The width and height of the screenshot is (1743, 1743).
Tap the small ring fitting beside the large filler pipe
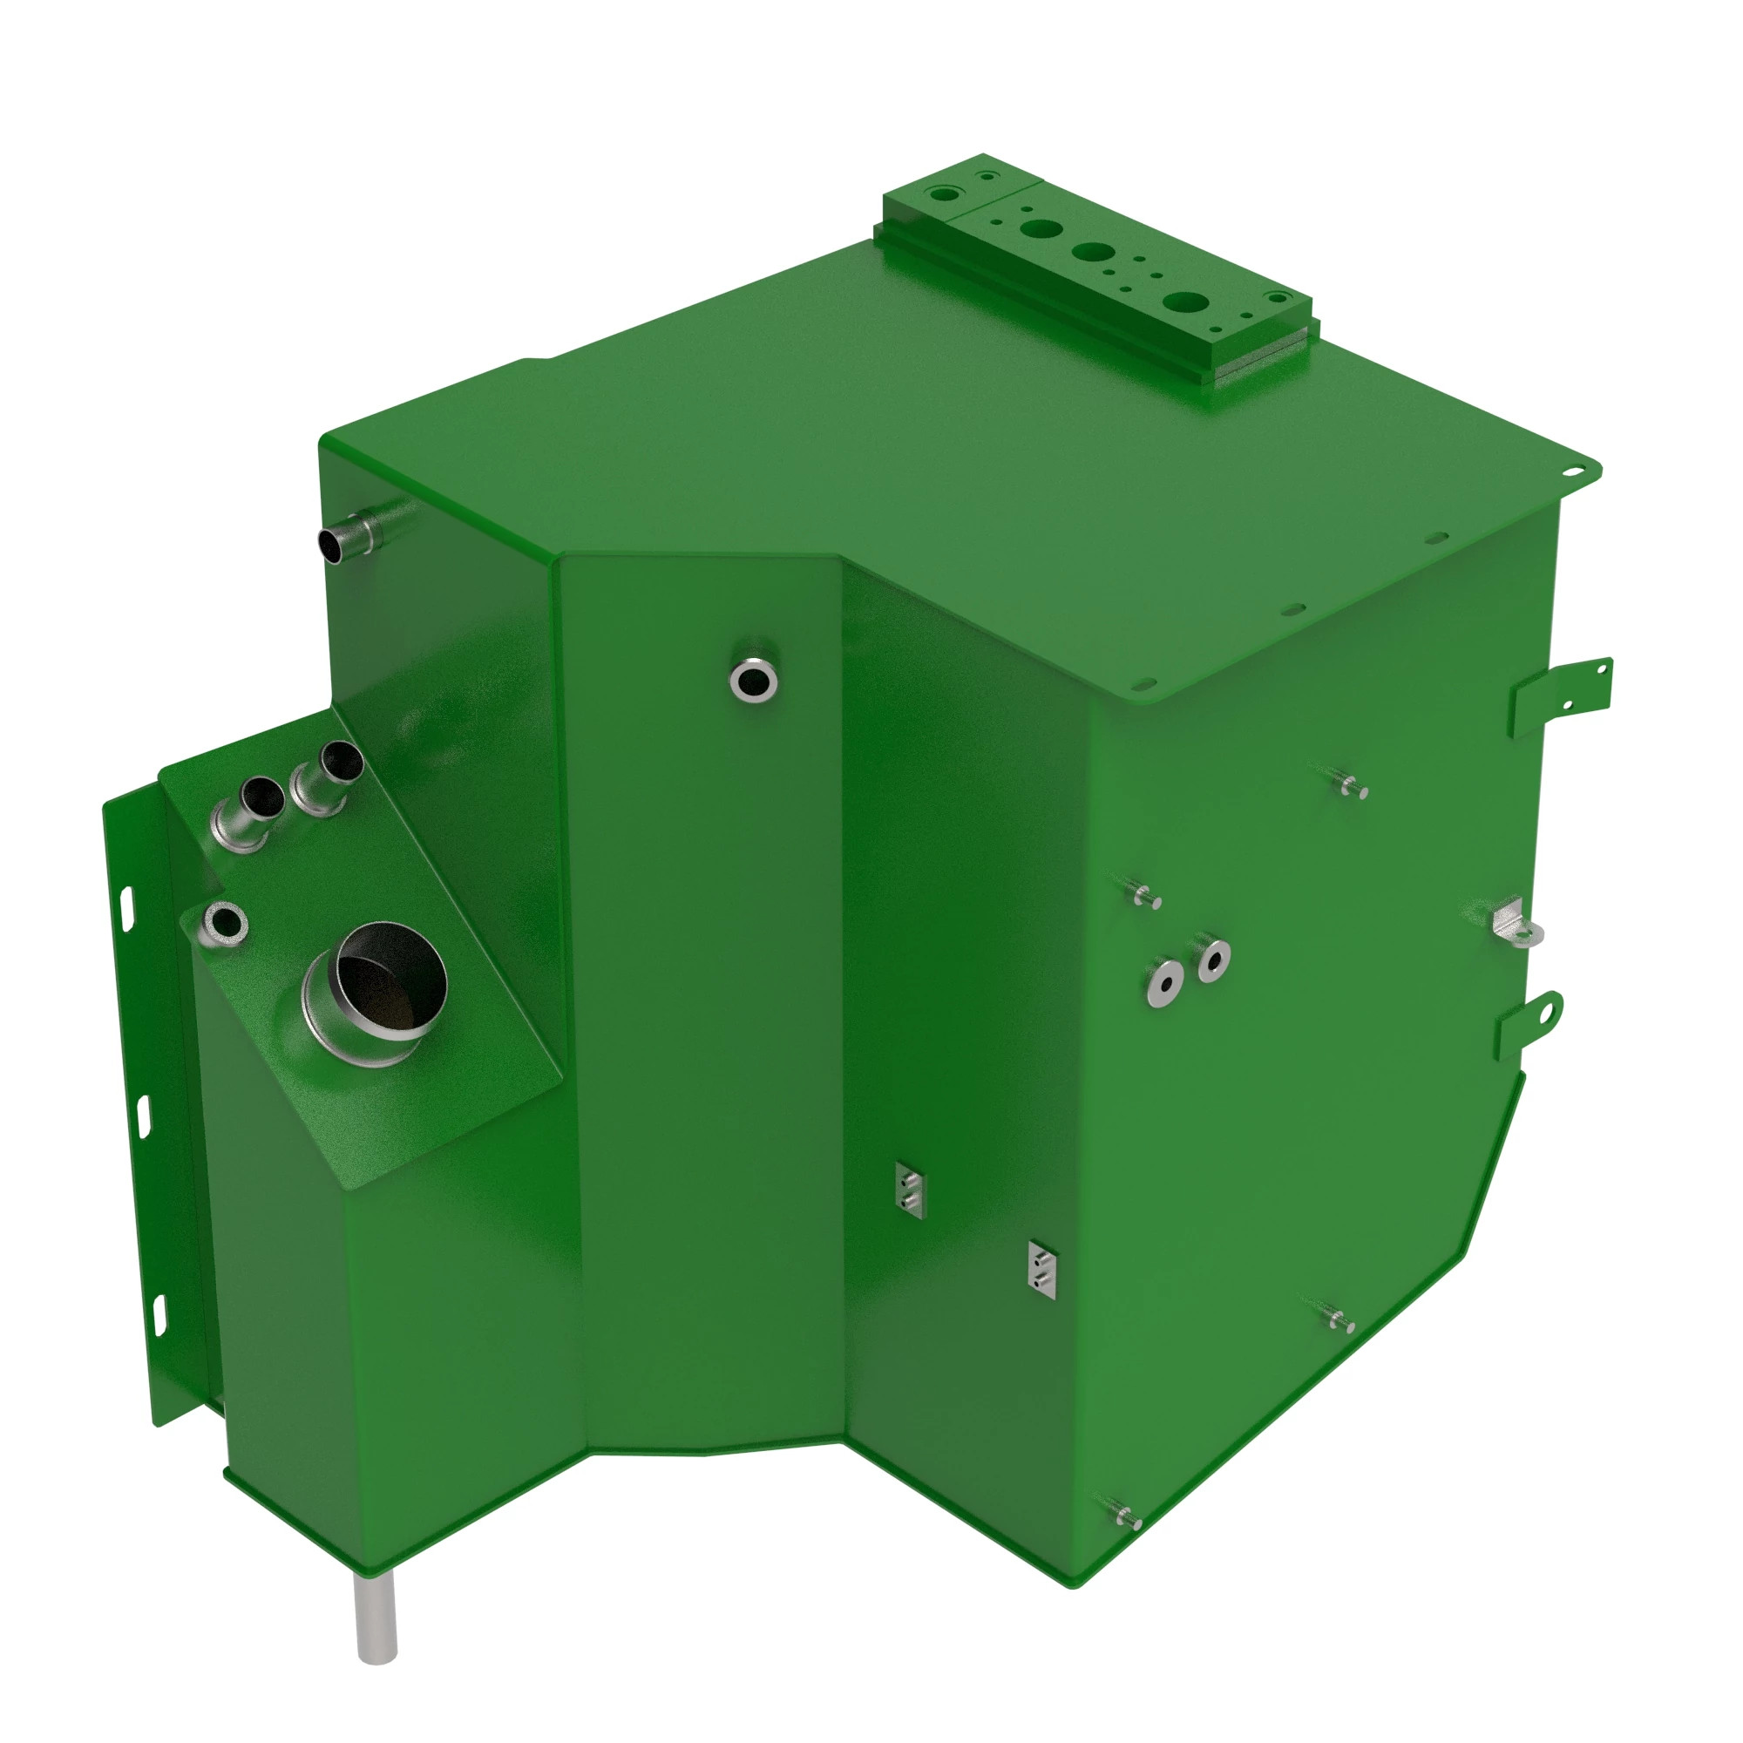tap(225, 922)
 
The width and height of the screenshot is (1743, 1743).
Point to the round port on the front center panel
tap(753, 677)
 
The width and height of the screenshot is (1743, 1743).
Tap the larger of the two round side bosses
tap(1165, 983)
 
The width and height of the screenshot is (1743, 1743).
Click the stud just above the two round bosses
tap(1144, 896)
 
